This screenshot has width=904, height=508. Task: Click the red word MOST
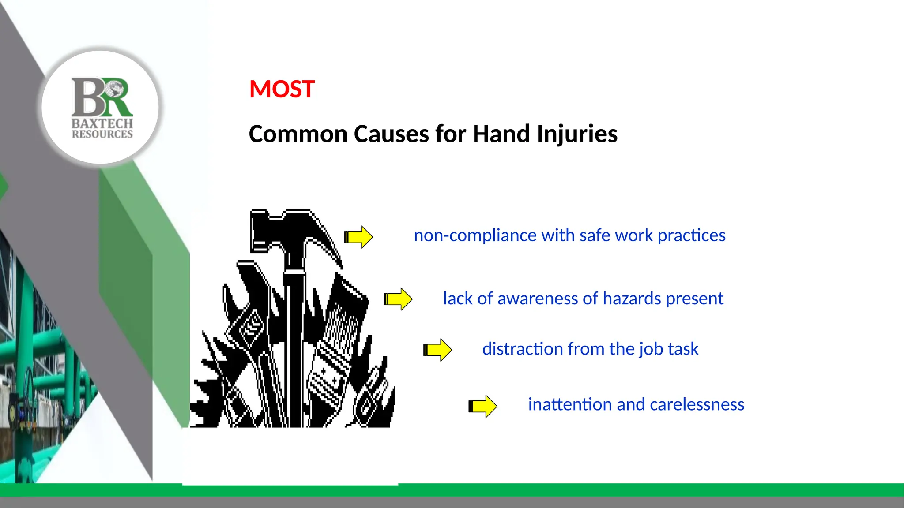[x=282, y=89]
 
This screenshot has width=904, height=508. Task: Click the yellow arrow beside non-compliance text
[x=358, y=237]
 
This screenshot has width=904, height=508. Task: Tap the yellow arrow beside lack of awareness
[x=398, y=299]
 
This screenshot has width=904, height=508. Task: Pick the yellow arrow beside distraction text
[x=437, y=350]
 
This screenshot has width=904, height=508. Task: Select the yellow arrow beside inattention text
[x=482, y=406]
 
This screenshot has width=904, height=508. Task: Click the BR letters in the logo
[x=102, y=97]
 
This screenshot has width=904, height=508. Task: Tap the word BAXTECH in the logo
[x=102, y=123]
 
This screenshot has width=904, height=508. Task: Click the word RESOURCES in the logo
[x=102, y=134]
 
